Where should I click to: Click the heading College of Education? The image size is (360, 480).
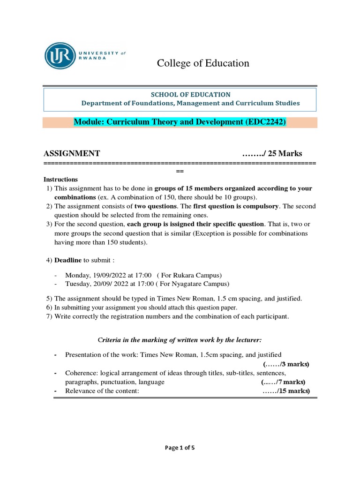click(x=203, y=63)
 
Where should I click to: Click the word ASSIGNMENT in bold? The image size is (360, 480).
click(x=72, y=153)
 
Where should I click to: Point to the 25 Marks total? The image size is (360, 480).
click(x=285, y=153)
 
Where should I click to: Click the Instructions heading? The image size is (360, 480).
click(x=60, y=180)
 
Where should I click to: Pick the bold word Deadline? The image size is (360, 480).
click(x=68, y=260)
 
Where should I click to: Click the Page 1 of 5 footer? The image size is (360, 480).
click(x=180, y=448)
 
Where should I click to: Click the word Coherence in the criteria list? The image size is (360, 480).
click(x=81, y=373)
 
